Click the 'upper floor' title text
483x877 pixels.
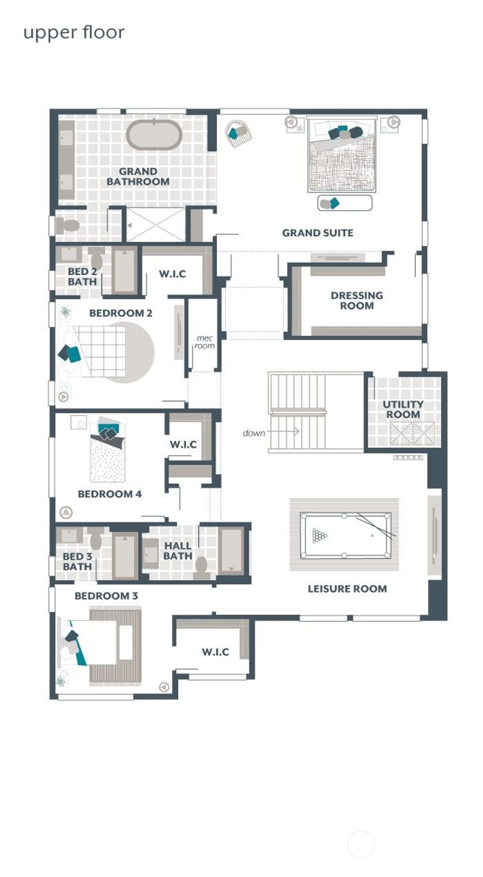[74, 33]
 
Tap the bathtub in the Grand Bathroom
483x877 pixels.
[154, 135]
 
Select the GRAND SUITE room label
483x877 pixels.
[317, 233]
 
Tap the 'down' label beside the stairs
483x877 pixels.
[253, 433]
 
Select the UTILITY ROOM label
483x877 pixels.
[403, 409]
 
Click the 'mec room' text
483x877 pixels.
[205, 342]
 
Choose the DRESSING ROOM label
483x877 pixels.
[357, 300]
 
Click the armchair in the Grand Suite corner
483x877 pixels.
[238, 133]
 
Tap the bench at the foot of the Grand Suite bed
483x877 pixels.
[345, 203]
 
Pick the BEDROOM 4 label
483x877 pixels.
[109, 494]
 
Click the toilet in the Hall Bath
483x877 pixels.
[202, 566]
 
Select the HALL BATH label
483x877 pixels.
[177, 551]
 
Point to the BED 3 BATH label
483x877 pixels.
[77, 561]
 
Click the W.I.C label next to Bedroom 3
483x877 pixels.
[215, 652]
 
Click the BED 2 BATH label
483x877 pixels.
[82, 277]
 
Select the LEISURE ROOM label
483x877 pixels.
[347, 589]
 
